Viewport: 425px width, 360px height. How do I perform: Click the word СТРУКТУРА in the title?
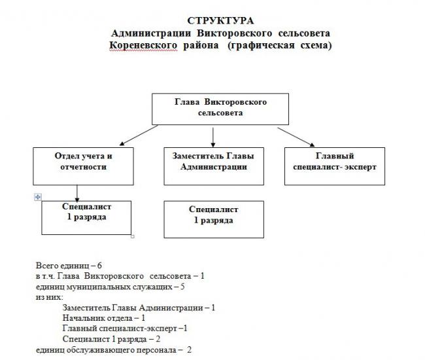click(220, 21)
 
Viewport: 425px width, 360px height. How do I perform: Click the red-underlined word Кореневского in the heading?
click(143, 45)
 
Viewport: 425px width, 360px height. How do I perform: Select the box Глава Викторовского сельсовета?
click(220, 109)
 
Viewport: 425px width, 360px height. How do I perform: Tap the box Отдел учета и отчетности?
click(83, 166)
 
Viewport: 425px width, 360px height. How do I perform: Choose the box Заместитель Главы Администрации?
click(214, 166)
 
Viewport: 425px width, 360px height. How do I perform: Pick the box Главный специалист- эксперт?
click(335, 166)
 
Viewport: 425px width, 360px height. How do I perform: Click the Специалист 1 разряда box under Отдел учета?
click(86, 218)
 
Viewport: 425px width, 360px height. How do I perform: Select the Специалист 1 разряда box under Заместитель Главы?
click(214, 219)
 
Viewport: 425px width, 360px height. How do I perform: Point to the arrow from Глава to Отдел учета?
click(139, 135)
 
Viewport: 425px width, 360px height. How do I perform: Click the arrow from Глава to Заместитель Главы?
click(213, 137)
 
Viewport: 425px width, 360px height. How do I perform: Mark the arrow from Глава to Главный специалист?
click(296, 137)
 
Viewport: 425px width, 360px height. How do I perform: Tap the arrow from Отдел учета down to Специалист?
click(77, 194)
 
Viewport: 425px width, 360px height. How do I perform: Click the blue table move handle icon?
click(38, 197)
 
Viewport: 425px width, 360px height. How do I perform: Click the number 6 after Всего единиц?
click(99, 266)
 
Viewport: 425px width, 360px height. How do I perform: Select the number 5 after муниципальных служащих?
click(182, 287)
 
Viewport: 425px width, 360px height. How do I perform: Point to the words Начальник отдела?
click(97, 318)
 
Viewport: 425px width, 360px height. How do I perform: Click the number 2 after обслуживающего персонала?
click(189, 350)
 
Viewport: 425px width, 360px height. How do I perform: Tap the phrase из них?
click(49, 297)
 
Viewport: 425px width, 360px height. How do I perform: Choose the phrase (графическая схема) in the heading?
click(280, 45)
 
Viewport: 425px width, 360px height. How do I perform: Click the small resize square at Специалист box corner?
click(133, 236)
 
